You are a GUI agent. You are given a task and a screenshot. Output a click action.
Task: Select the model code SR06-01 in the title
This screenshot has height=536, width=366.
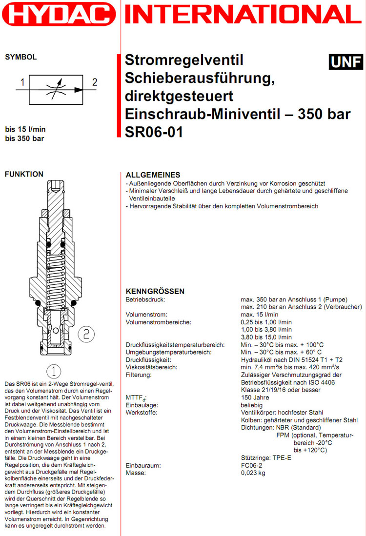click(154, 132)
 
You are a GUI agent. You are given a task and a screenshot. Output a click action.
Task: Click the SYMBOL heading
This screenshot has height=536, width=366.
click(20, 57)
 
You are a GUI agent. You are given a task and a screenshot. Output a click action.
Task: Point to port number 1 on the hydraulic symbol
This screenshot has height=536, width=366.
click(22, 81)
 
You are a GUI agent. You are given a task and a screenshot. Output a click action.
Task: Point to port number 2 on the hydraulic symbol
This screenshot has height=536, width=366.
click(95, 81)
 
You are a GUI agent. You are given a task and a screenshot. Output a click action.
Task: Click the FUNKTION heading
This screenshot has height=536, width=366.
click(23, 174)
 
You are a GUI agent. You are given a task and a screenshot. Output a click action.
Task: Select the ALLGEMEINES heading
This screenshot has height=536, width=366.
click(153, 175)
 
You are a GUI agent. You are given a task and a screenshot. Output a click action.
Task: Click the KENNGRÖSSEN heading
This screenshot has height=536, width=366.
click(155, 291)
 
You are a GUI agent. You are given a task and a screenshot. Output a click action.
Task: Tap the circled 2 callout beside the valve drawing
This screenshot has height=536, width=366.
click(86, 334)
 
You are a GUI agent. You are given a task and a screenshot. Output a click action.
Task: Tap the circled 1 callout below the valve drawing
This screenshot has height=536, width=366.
click(53, 369)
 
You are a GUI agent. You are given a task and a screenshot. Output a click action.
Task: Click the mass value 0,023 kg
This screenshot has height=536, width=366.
click(253, 473)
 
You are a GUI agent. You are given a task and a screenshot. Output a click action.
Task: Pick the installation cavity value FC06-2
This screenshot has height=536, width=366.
click(252, 466)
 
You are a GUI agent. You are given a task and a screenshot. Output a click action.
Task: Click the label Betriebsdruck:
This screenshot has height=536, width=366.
click(146, 299)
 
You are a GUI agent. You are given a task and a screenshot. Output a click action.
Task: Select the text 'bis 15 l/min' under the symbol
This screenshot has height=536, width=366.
click(25, 130)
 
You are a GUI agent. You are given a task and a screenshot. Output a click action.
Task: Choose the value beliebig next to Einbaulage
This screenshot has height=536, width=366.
click(251, 405)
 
